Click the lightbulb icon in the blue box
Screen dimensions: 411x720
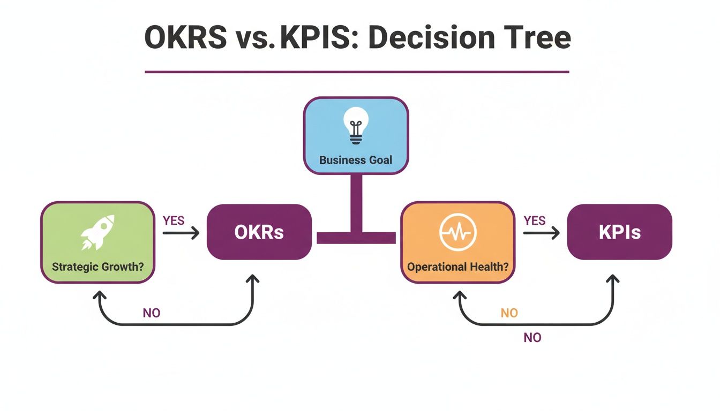point(356,125)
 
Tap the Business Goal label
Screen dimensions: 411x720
point(356,159)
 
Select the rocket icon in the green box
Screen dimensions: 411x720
point(97,232)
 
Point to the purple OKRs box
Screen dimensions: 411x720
point(259,232)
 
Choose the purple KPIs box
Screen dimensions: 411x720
point(619,232)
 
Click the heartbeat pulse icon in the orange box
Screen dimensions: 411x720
point(457,233)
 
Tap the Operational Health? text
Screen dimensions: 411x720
point(457,266)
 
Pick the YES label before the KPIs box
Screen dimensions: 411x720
point(535,220)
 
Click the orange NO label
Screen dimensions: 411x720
point(509,313)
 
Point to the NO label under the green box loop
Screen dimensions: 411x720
point(152,313)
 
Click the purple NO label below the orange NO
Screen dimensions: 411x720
point(532,338)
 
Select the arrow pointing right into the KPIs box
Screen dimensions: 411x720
point(542,233)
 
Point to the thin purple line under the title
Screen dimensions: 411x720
point(357,71)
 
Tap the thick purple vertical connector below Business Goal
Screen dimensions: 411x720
point(356,203)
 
